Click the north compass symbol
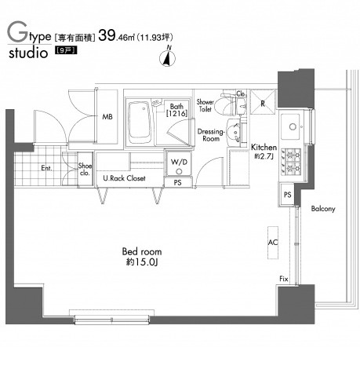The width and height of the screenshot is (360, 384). click(167, 57)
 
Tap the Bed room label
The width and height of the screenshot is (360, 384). click(142, 251)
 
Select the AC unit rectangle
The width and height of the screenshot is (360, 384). click(273, 243)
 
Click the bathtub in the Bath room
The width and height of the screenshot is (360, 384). click(140, 123)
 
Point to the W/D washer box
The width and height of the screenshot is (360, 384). click(179, 163)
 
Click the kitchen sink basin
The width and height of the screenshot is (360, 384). click(291, 127)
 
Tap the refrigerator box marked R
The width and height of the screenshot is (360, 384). click(263, 102)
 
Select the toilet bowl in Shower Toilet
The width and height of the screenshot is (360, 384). click(227, 105)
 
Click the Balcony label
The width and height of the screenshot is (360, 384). click(323, 209)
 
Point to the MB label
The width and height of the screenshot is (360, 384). click(107, 117)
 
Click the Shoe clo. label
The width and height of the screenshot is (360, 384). click(85, 169)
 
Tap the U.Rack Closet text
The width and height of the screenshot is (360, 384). click(124, 178)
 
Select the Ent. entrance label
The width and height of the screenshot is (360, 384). click(46, 168)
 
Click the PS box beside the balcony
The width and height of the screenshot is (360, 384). click(287, 195)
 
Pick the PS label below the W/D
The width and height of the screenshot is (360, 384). click(177, 182)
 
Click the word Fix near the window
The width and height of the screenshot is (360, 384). click(284, 279)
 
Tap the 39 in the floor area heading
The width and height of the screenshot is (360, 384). click(107, 36)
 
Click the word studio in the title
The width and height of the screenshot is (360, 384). click(28, 53)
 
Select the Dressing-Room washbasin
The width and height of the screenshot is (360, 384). click(234, 132)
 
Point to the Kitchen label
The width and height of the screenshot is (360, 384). click(264, 148)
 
